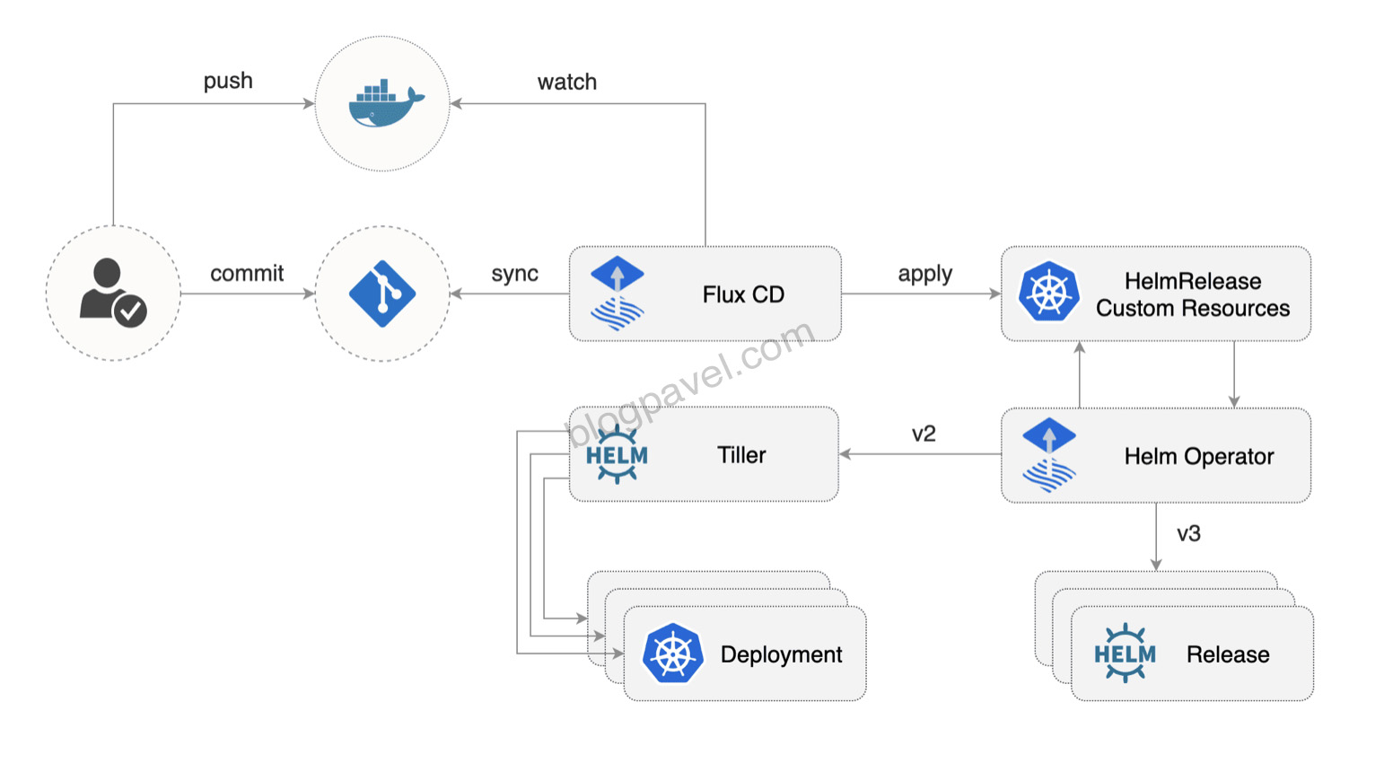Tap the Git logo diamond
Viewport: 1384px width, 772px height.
pyautogui.click(x=382, y=294)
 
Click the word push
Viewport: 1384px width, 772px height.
pyautogui.click(x=228, y=81)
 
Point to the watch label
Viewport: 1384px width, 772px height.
pyautogui.click(x=566, y=82)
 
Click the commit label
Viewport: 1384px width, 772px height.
pyautogui.click(x=247, y=273)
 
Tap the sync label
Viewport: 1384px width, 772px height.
pyautogui.click(x=514, y=274)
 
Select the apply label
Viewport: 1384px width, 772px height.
pyautogui.click(x=924, y=274)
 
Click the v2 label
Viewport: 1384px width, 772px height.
pyautogui.click(x=924, y=434)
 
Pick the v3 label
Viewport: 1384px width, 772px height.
pyautogui.click(x=1188, y=533)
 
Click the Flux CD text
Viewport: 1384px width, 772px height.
pyautogui.click(x=743, y=294)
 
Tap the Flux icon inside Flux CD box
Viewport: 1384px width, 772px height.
pyautogui.click(x=618, y=294)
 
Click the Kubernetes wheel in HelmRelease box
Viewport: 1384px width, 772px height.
pyautogui.click(x=1048, y=292)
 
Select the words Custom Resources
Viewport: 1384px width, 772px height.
pyautogui.click(x=1192, y=308)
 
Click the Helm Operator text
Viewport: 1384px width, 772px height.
pyautogui.click(x=1198, y=456)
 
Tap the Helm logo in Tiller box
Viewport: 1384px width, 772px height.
pyautogui.click(x=617, y=455)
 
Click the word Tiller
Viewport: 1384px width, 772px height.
pyautogui.click(x=741, y=455)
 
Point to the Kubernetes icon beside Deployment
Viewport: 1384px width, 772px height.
pyautogui.click(x=672, y=654)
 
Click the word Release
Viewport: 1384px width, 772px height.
pyautogui.click(x=1227, y=654)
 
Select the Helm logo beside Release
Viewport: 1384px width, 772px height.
pyautogui.click(x=1125, y=654)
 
